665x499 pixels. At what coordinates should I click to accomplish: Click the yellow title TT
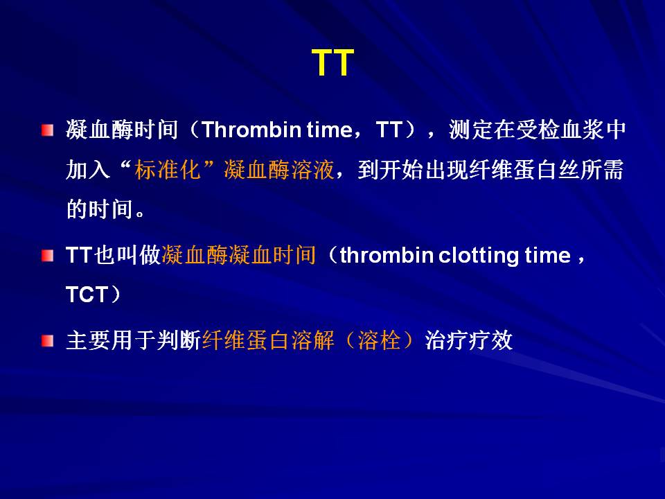pyautogui.click(x=332, y=62)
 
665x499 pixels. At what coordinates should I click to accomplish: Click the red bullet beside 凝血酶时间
pyautogui.click(x=48, y=130)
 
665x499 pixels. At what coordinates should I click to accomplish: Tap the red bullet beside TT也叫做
pyautogui.click(x=48, y=256)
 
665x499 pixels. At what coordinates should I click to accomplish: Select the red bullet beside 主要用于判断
pyautogui.click(x=48, y=341)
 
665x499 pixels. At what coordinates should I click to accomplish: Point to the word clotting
pyautogui.click(x=479, y=256)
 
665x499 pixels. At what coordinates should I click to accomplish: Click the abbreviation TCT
pyautogui.click(x=87, y=295)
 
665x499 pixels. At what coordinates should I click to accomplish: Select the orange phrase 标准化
pyautogui.click(x=168, y=170)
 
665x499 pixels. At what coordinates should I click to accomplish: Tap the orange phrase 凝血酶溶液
pyautogui.click(x=279, y=170)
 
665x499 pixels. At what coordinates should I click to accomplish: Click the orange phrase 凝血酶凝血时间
pyautogui.click(x=238, y=255)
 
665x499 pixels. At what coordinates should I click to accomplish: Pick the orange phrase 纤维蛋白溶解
pyautogui.click(x=268, y=340)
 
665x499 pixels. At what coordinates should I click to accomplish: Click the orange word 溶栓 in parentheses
pyautogui.click(x=379, y=340)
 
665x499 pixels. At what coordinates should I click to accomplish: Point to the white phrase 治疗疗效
pyautogui.click(x=469, y=340)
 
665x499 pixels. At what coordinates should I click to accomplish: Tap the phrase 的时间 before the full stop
pyautogui.click(x=99, y=209)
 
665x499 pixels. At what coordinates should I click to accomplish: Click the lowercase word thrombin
pyautogui.click(x=387, y=256)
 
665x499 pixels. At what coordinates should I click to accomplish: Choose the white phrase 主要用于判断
pyautogui.click(x=132, y=340)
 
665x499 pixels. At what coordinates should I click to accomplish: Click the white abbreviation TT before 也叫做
pyautogui.click(x=79, y=256)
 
